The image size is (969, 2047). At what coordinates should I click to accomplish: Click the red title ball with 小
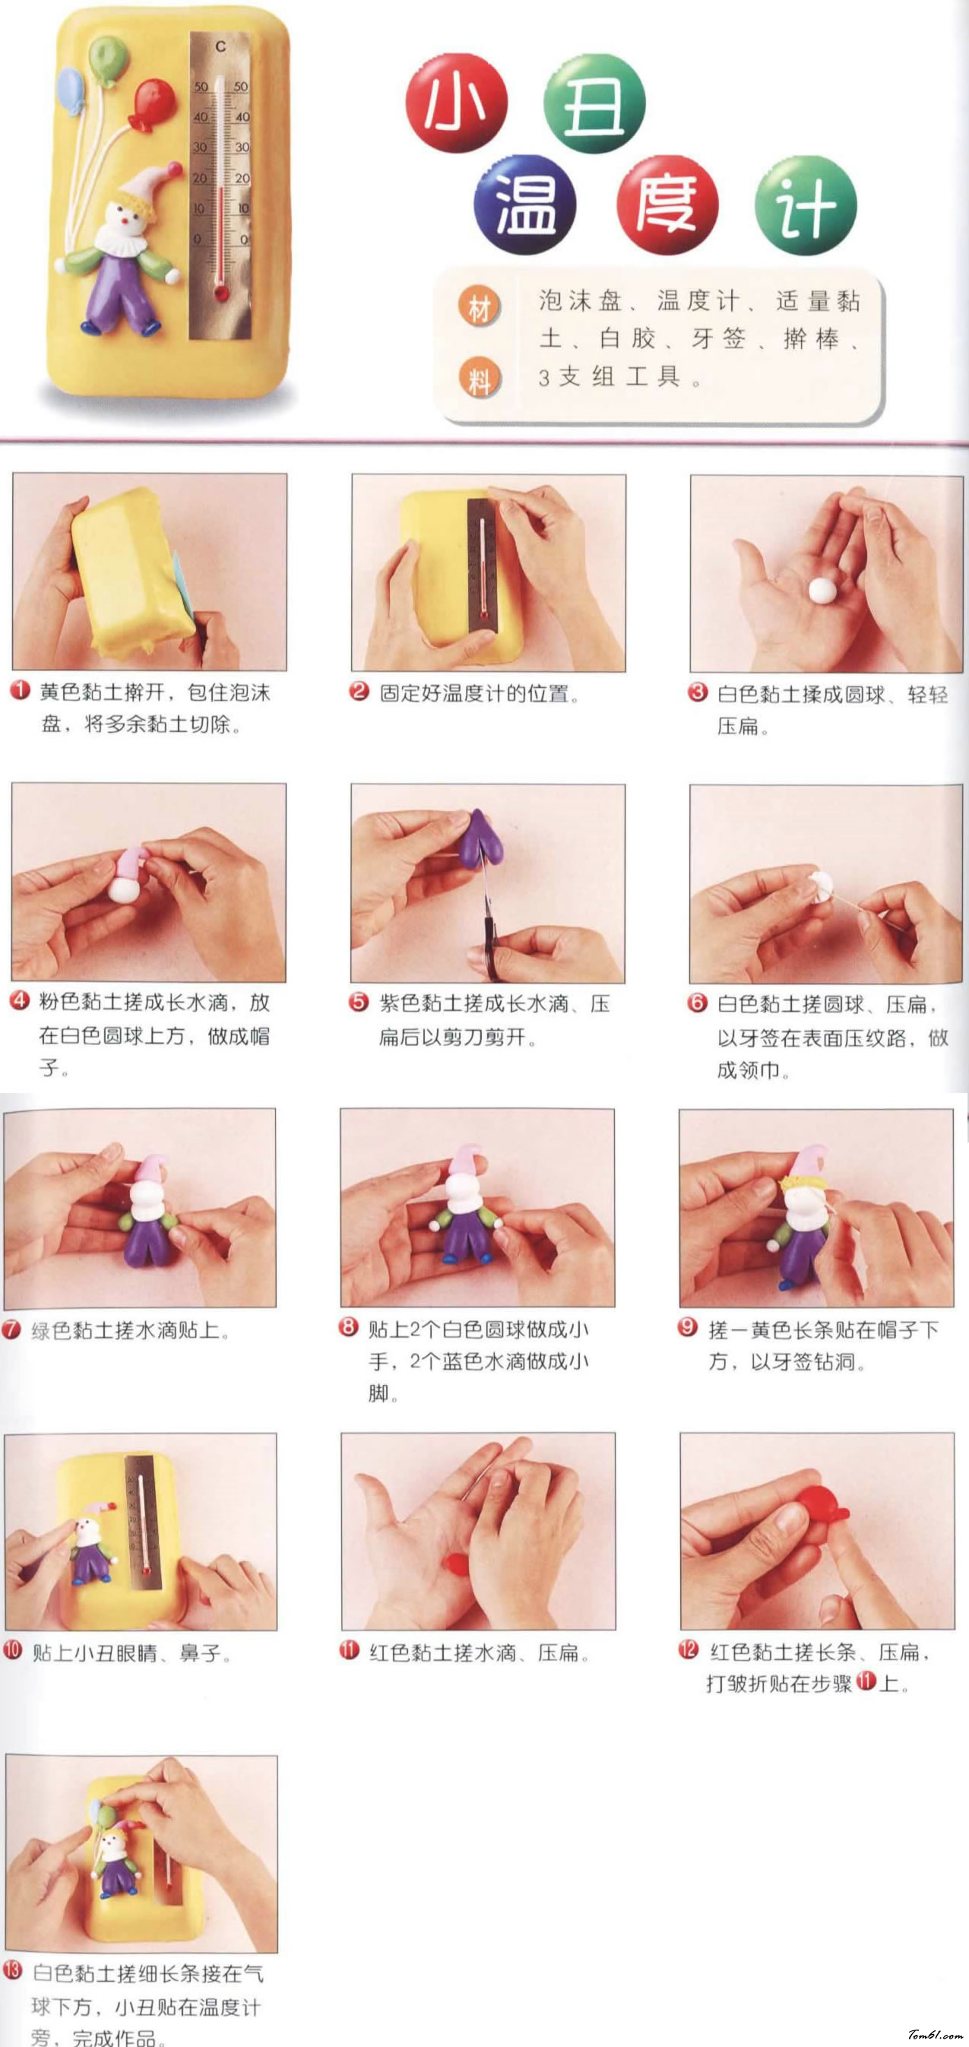(x=456, y=103)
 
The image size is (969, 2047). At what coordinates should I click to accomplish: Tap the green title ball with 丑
(x=594, y=103)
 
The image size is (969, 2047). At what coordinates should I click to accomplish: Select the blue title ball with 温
(x=525, y=204)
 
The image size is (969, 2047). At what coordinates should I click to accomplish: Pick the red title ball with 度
(x=667, y=204)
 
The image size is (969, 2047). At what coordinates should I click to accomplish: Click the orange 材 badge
(x=479, y=308)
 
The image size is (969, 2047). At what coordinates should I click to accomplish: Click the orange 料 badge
(x=479, y=379)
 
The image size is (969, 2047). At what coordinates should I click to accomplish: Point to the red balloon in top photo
(x=153, y=101)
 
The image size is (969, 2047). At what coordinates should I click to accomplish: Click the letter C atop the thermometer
(x=221, y=48)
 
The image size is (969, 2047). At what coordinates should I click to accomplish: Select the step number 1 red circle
(x=20, y=690)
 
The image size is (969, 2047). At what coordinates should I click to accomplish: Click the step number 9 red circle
(x=688, y=1328)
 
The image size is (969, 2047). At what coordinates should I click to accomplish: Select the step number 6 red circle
(x=697, y=1002)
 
